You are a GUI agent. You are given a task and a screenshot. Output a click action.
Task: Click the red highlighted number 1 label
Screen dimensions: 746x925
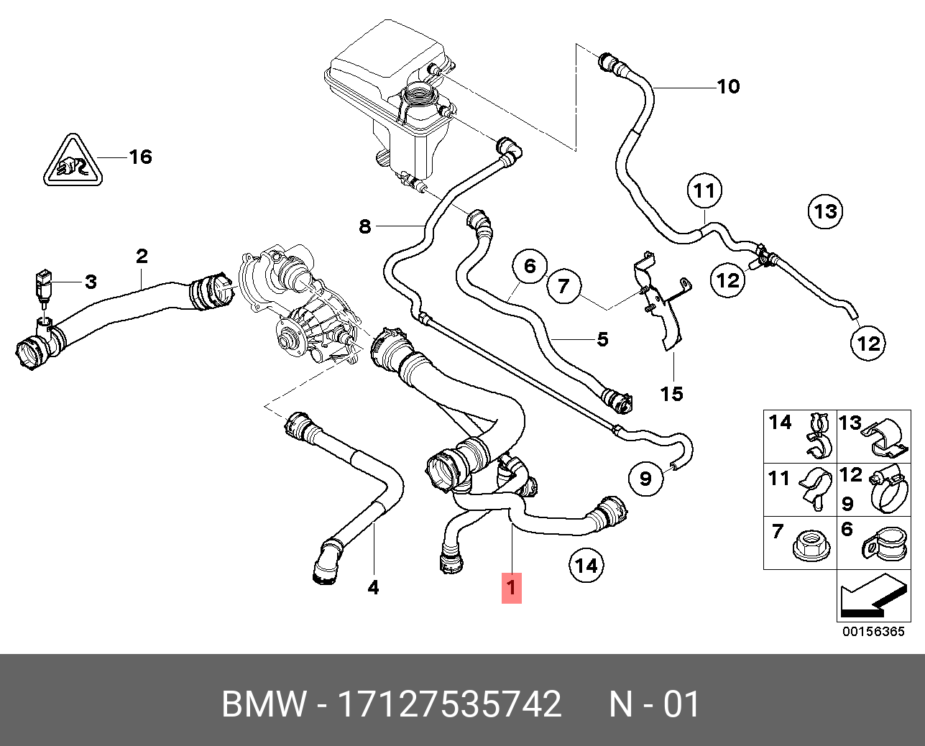(511, 587)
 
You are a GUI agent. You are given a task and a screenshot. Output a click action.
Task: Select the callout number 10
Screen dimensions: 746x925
(728, 87)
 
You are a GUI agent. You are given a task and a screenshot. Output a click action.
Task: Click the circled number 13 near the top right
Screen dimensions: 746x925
(825, 211)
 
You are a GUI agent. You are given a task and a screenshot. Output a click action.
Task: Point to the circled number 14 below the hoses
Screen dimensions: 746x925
(586, 566)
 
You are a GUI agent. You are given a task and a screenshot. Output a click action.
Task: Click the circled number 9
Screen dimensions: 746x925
(645, 477)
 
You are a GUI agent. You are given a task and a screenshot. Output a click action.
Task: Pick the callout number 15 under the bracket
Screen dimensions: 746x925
(673, 394)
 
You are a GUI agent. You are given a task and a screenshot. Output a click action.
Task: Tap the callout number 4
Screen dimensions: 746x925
(373, 588)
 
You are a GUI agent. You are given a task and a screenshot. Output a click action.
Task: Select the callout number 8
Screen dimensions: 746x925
(365, 227)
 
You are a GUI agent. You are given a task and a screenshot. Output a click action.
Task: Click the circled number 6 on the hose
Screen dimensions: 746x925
(530, 267)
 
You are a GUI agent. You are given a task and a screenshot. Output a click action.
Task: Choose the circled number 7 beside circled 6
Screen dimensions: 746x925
(563, 287)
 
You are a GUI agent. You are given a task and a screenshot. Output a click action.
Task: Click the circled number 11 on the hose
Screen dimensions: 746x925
(704, 190)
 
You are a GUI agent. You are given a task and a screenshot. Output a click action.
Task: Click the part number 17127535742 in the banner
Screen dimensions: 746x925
(448, 704)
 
